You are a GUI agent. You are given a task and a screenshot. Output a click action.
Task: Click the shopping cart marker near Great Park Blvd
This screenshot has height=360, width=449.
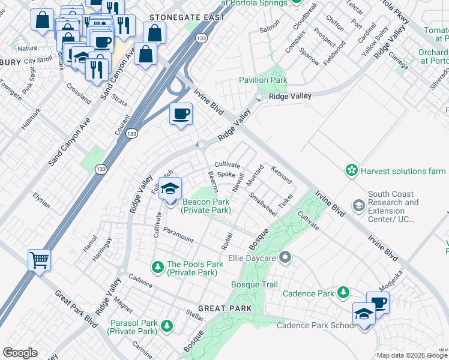click(39, 260)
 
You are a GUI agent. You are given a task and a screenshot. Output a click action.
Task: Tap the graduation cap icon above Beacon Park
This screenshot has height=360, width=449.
click(170, 188)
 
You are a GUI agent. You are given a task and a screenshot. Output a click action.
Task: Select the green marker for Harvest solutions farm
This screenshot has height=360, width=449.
click(351, 171)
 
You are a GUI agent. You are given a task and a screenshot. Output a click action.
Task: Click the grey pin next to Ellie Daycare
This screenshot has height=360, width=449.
click(285, 258)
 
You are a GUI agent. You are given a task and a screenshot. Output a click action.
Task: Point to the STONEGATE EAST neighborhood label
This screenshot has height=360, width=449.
click(187, 17)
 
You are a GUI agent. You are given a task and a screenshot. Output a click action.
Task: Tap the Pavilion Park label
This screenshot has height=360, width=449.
click(263, 80)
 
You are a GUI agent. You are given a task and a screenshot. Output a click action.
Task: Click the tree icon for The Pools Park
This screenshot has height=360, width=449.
click(158, 265)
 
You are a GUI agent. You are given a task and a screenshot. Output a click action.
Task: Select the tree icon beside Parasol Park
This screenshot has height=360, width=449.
click(166, 326)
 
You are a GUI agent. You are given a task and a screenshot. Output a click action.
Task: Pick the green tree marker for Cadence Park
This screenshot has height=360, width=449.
click(343, 293)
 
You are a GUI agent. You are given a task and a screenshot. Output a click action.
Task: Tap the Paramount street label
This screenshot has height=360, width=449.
click(178, 235)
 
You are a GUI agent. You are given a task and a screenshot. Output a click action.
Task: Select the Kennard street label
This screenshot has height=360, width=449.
click(282, 175)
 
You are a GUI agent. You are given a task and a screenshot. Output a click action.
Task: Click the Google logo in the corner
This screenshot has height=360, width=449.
click(20, 353)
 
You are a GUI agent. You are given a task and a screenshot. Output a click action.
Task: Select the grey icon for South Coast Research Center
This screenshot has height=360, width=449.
click(358, 206)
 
